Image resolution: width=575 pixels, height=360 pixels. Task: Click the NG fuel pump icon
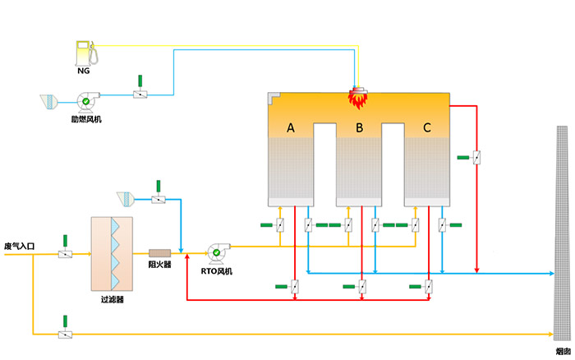87,53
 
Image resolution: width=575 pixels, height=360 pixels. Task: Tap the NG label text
84,71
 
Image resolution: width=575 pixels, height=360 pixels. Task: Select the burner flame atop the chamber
357,99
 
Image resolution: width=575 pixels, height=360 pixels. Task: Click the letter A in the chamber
291,127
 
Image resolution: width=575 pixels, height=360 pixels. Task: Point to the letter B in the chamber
360,127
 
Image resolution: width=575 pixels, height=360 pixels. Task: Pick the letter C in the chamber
427,127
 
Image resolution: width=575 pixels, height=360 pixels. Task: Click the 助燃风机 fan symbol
87,101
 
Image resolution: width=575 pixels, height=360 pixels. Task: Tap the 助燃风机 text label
86,119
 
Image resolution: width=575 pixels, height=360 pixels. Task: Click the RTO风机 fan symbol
218,253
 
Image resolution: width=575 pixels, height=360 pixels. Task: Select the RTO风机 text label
216,271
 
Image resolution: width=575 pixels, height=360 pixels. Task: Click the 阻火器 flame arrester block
160,253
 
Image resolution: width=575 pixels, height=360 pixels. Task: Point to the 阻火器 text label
160,265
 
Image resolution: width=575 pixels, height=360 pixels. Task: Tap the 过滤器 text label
113,299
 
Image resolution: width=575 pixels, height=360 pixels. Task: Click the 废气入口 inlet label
19,246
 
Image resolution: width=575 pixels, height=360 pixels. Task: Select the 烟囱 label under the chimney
563,351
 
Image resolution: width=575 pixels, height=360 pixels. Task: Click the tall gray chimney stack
562,233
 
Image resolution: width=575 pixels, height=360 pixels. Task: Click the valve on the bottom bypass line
65,335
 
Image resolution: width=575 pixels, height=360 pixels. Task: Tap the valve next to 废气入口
65,254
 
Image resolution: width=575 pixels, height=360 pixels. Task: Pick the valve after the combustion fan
140,95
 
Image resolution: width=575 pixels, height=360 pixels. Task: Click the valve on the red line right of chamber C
476,158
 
